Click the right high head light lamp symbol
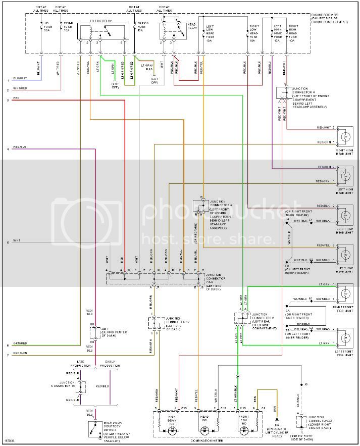click(x=346, y=136)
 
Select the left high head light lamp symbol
click(x=346, y=175)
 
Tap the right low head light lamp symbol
click(x=346, y=214)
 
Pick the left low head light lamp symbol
click(x=346, y=254)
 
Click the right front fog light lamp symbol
click(x=346, y=293)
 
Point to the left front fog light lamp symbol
click(x=346, y=337)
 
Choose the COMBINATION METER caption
click(x=208, y=440)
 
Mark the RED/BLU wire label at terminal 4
click(x=20, y=147)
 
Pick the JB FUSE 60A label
click(x=46, y=26)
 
